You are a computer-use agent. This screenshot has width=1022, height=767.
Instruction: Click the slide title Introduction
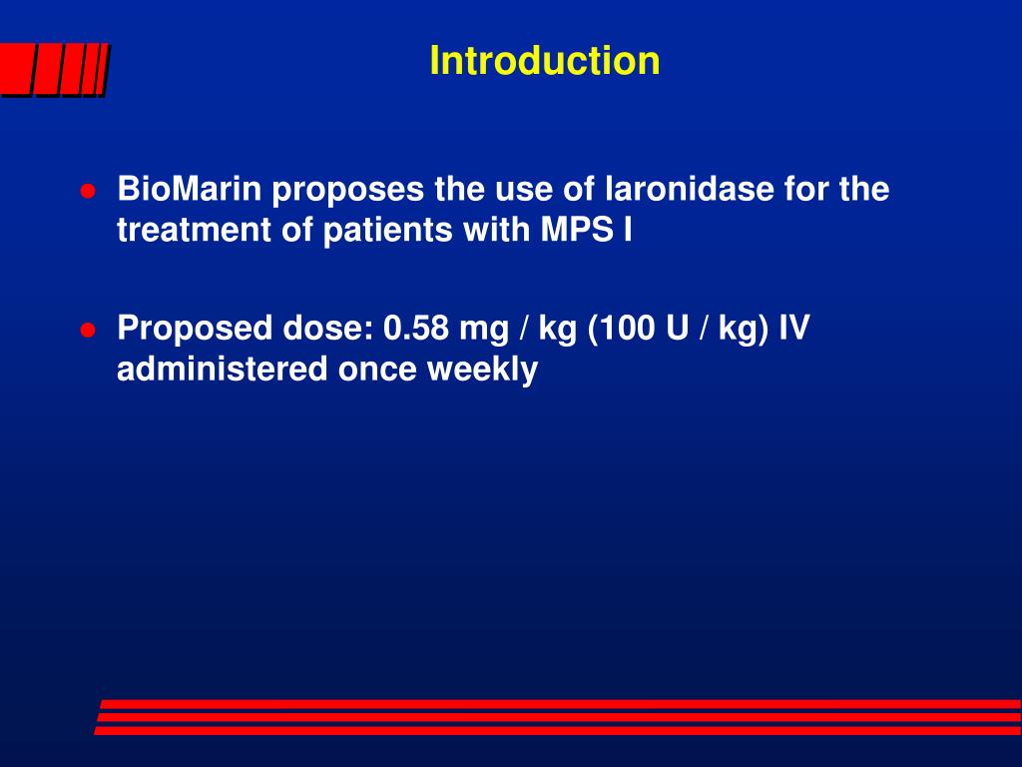click(x=544, y=61)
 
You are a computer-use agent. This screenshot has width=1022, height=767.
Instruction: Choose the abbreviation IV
click(x=794, y=329)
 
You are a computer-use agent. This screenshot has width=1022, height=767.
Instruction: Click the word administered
click(x=223, y=370)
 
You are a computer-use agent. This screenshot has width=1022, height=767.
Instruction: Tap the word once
click(x=379, y=371)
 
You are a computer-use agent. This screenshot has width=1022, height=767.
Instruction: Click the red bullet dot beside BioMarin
click(x=88, y=191)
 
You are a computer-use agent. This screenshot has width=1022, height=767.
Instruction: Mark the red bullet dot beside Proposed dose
click(x=88, y=331)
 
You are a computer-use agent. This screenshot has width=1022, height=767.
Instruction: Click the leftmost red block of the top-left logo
click(x=14, y=71)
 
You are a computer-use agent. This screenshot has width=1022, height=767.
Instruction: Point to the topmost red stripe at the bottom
click(x=559, y=704)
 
